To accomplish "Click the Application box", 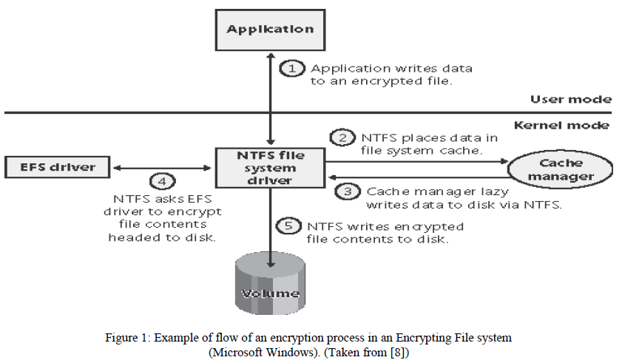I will [270, 30].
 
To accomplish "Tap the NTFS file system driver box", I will [269, 167].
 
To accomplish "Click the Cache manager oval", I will [561, 169].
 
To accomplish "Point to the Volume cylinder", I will [269, 285].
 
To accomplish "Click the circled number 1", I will [292, 69].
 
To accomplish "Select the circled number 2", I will [342, 138].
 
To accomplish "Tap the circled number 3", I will [347, 191].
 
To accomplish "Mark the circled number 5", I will [288, 226].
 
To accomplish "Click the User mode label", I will [570, 100].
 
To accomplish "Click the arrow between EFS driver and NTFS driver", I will [163, 167].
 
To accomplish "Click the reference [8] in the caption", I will [398, 353].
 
